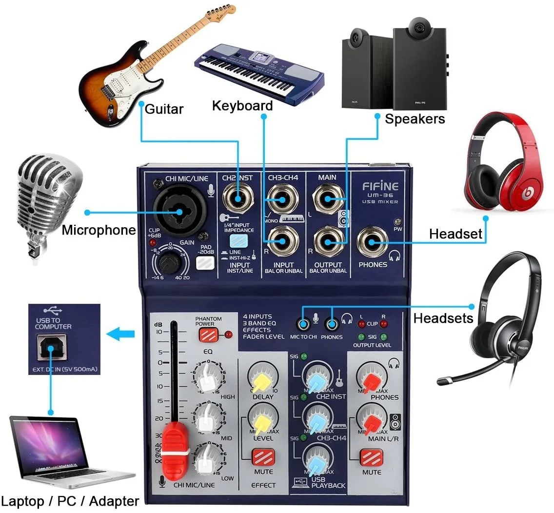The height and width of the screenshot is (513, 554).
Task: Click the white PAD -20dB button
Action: [205, 263]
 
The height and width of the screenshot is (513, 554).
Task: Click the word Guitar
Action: [164, 109]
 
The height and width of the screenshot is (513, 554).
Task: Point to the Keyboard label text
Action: [242, 106]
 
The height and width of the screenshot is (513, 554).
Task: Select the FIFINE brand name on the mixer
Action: [380, 186]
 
